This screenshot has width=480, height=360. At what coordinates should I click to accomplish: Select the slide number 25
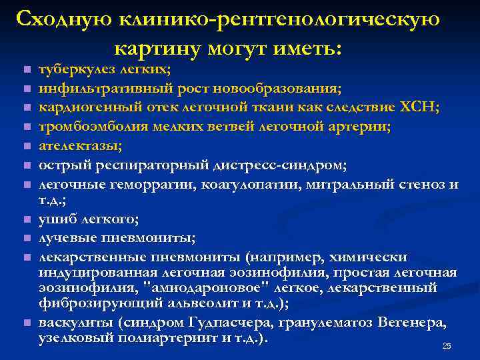pos(447,346)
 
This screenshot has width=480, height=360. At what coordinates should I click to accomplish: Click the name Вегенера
pos(412,323)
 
